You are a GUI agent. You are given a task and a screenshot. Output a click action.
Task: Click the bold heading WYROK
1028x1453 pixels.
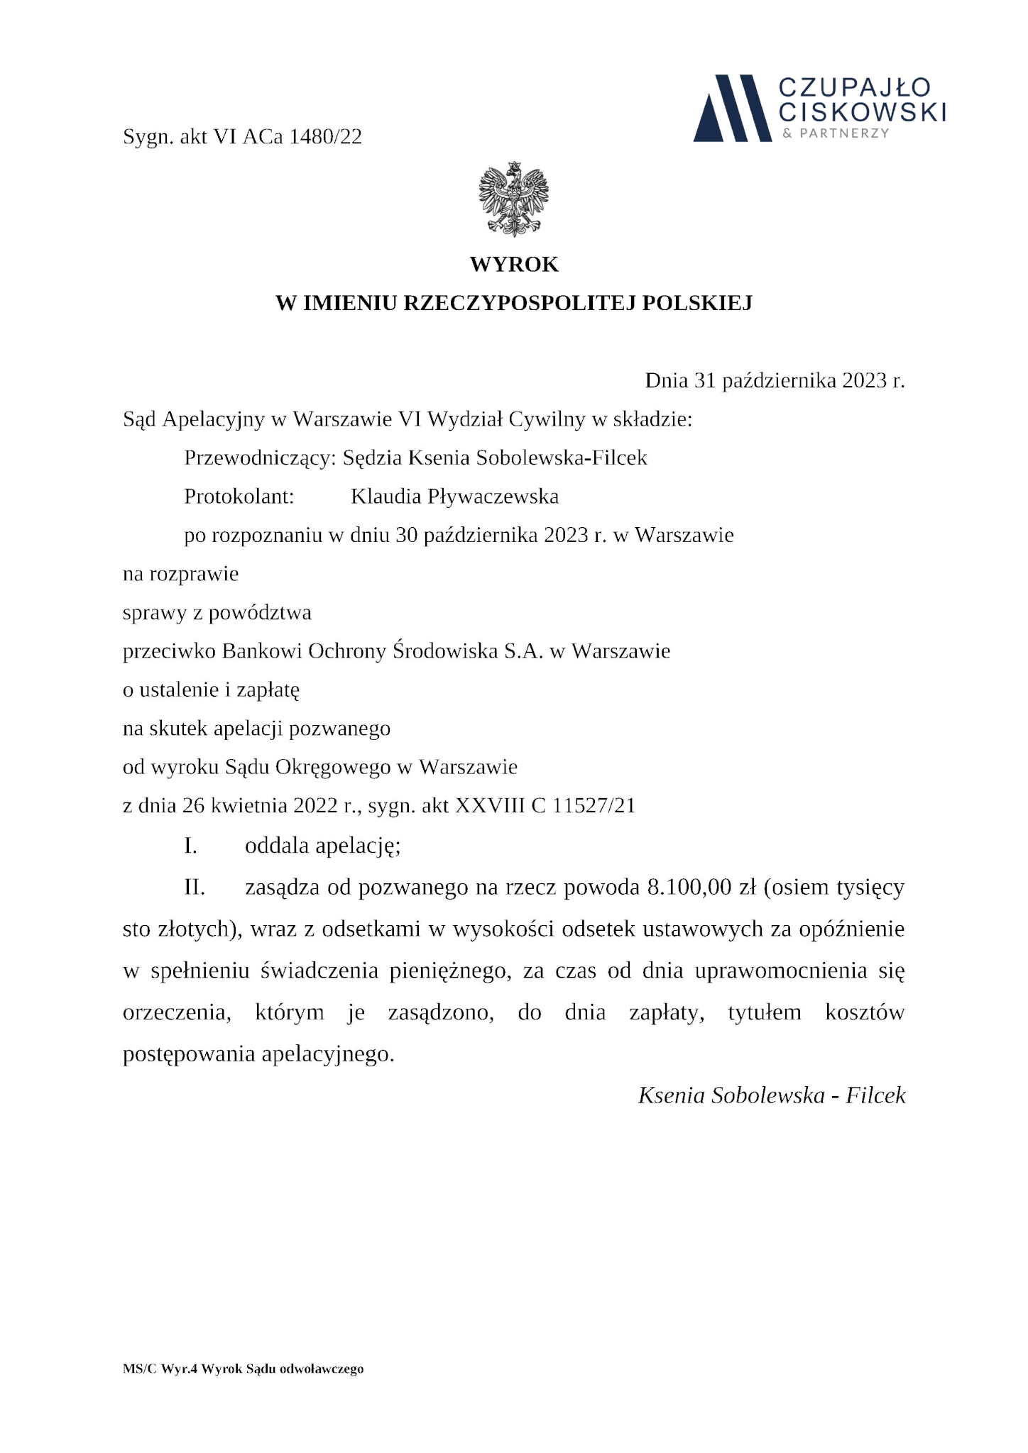coord(514,265)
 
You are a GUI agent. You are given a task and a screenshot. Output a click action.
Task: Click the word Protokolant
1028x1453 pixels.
coord(239,497)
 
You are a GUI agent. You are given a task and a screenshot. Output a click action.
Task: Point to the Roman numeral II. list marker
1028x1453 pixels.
coord(195,888)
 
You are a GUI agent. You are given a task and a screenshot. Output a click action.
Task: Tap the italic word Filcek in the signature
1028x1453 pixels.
coord(875,1095)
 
